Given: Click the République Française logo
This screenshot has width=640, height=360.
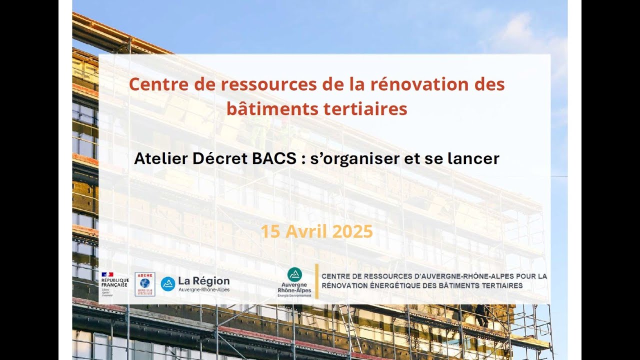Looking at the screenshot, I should pyautogui.click(x=114, y=283).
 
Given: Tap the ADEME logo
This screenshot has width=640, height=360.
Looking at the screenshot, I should pyautogui.click(x=144, y=284).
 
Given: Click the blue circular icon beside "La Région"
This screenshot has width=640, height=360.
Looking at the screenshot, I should pyautogui.click(x=168, y=284).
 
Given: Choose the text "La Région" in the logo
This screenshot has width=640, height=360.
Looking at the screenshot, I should pyautogui.click(x=203, y=281).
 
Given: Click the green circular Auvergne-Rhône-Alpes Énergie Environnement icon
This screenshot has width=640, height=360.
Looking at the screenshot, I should pyautogui.click(x=294, y=274).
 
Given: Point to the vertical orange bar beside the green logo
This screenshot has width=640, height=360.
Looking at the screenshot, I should pyautogui.click(x=316, y=281).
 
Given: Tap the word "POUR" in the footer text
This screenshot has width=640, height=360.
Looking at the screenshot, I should pyautogui.click(x=526, y=276).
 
